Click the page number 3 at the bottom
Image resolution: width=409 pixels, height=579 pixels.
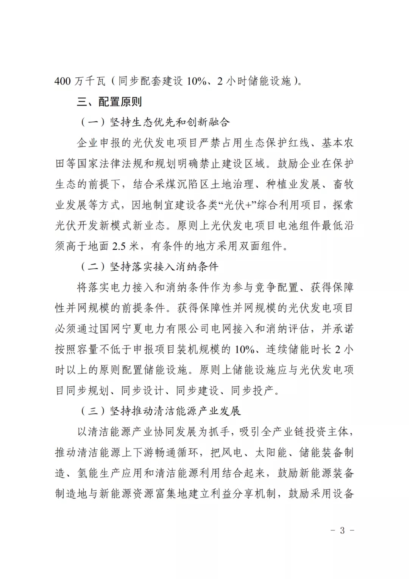click(342, 530)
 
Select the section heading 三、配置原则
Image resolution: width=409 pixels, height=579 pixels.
click(109, 102)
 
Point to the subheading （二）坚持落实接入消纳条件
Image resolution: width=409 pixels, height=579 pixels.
click(150, 267)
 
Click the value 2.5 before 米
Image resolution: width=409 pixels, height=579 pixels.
click(120, 246)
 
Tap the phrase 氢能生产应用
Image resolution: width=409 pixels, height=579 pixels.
click(110, 473)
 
